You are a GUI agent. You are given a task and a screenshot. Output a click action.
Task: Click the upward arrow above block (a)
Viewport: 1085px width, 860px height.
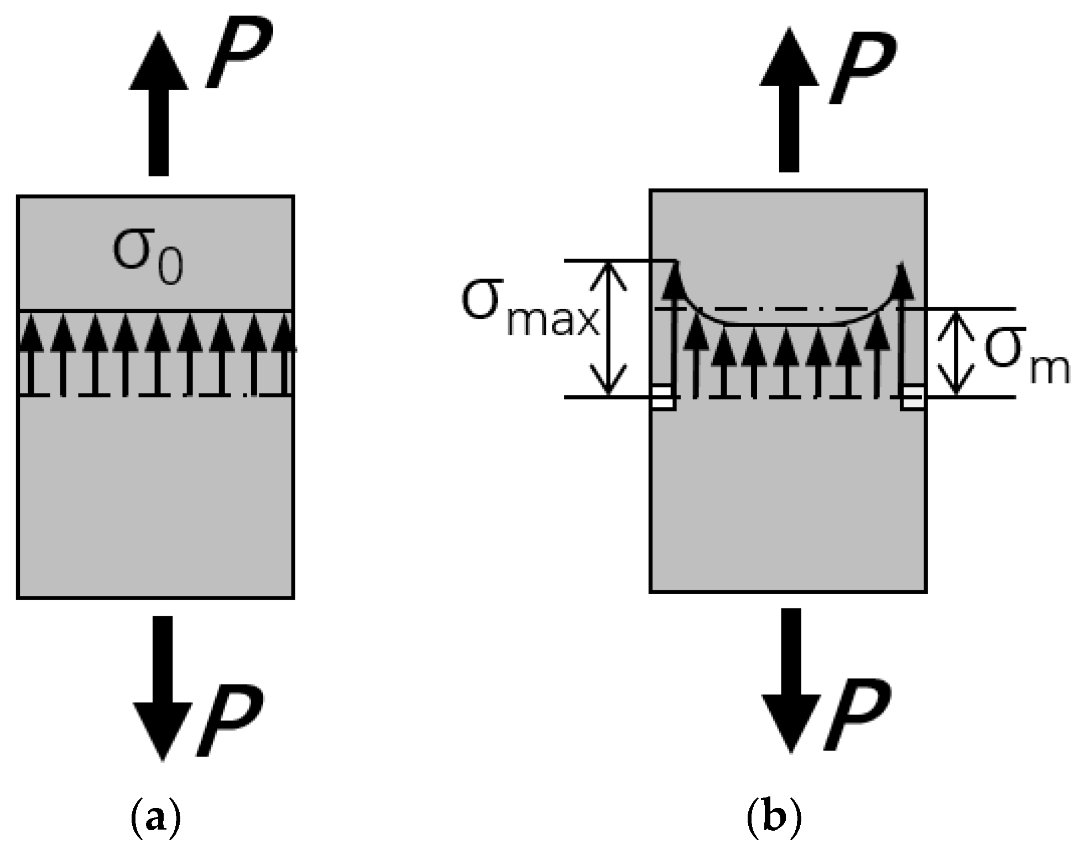coord(159,105)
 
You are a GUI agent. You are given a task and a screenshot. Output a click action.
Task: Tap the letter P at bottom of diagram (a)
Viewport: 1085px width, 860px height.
coord(229,721)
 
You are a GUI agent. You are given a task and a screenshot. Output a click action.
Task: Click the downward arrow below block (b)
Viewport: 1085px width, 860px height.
coord(791,680)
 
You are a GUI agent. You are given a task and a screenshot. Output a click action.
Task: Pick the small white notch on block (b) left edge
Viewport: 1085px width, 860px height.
coord(662,397)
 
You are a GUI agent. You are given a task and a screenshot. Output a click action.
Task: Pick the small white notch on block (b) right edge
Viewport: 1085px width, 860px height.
coord(913,397)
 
